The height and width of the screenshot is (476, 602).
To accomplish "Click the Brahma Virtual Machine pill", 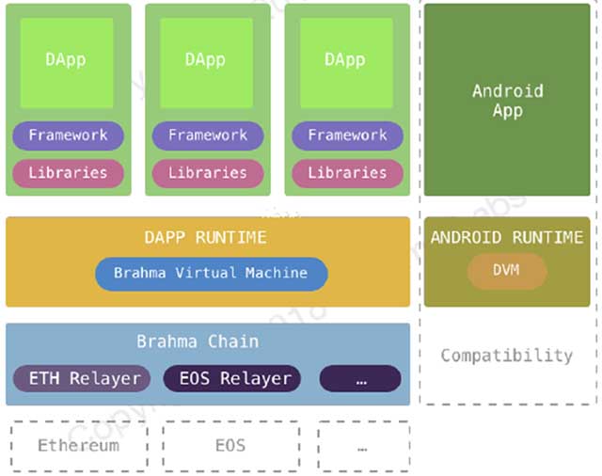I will [211, 274].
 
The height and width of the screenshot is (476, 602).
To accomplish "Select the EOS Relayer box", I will [232, 379].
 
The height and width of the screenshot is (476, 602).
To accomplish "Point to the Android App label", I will [507, 101].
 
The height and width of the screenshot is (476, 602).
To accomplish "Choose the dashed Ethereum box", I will [79, 445].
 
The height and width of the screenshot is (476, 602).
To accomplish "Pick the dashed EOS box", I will [230, 445].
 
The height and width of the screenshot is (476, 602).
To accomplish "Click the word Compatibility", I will [506, 356].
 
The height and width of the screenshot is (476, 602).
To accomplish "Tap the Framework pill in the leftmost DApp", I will [68, 135].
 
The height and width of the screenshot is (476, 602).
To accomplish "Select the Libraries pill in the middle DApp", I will [207, 173].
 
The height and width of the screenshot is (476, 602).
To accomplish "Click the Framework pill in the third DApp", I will [347, 135].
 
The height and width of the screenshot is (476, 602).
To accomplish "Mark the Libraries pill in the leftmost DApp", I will [68, 173].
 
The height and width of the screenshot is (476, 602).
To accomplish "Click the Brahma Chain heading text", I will [197, 341].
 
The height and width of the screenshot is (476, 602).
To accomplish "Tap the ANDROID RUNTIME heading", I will [507, 237].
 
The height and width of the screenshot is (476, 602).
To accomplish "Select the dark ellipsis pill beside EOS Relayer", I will [360, 379].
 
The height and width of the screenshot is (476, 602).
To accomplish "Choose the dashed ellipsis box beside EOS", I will [362, 445].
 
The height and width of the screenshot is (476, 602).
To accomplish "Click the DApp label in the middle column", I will [205, 59].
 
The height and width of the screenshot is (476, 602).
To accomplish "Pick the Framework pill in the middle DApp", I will [207, 135].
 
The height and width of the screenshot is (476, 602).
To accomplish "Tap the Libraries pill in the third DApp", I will [347, 173].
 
